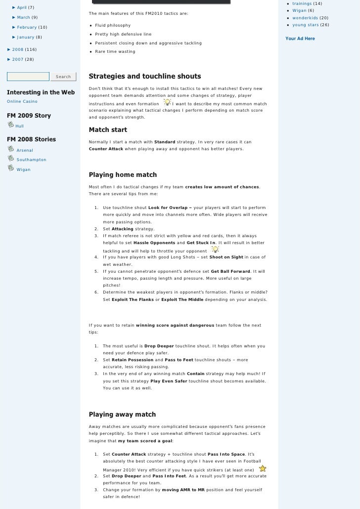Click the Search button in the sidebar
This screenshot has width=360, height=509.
[63, 77]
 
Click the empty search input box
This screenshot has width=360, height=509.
[28, 77]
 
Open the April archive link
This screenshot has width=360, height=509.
[22, 7]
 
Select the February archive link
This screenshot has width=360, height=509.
[27, 27]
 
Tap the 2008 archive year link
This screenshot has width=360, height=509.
[18, 50]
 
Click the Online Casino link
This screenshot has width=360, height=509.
[22, 101]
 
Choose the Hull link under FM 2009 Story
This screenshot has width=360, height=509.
[20, 127]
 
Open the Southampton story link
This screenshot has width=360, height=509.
[31, 160]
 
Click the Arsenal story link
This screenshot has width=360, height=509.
[25, 150]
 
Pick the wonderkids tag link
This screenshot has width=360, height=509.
[305, 18]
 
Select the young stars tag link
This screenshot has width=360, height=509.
[305, 25]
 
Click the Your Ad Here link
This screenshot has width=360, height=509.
[300, 39]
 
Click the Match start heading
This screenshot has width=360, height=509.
[108, 130]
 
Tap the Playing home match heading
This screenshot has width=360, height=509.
[123, 175]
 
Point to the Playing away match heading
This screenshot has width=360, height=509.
[122, 415]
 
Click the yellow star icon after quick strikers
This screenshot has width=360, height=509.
[263, 468]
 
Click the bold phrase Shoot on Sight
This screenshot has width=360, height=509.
[226, 257]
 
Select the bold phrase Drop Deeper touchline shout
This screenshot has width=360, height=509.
[159, 346]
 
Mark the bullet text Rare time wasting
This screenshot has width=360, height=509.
[115, 51]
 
